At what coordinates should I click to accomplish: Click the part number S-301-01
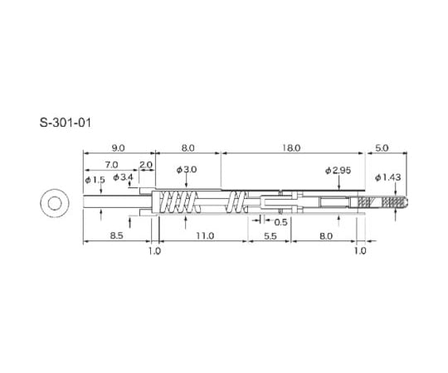tap(66, 123)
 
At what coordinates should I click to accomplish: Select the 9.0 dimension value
tap(118, 148)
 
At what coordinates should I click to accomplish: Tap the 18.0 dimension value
tap(291, 148)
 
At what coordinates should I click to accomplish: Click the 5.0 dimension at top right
tap(382, 148)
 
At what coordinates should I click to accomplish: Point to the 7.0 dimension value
tap(111, 165)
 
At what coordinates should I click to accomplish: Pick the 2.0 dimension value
tap(146, 165)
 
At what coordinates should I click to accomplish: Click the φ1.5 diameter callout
tap(95, 180)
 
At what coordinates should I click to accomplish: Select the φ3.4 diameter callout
tap(123, 177)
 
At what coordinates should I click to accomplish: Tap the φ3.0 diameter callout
tap(187, 170)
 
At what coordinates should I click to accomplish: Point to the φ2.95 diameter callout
tap(338, 171)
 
